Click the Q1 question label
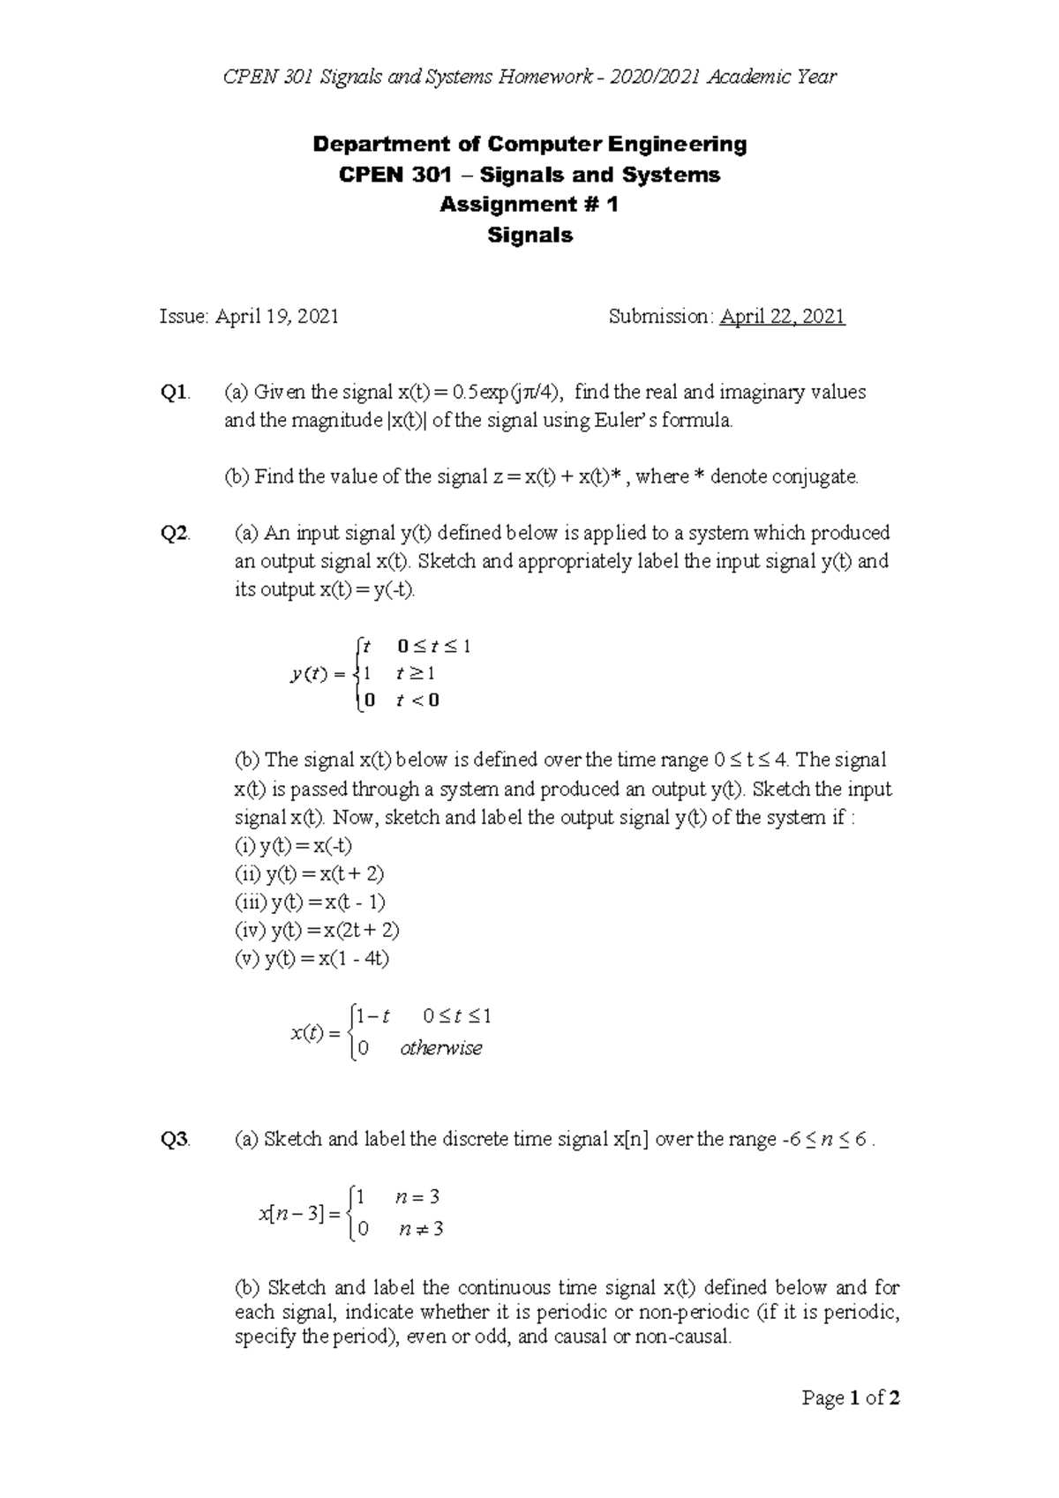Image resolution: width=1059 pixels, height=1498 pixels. coord(174,393)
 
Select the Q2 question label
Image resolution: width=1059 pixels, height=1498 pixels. coord(174,534)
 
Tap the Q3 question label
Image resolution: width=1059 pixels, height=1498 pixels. coord(174,1140)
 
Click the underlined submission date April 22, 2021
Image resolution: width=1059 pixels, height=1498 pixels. coord(783,317)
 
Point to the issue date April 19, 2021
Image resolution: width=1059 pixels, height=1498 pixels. coord(249,317)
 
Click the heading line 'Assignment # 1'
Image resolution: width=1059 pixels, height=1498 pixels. coord(529,205)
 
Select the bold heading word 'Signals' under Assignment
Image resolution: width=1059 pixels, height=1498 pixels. coord(529,236)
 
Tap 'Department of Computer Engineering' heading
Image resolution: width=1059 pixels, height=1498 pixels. coord(529,144)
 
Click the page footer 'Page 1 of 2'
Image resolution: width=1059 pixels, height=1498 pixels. coord(851,1398)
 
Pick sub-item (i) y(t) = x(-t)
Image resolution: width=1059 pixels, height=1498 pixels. coord(293,846)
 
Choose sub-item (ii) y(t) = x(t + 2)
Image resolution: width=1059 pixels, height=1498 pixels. coord(309,874)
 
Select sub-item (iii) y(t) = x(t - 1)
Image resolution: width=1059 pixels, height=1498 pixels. coord(310,903)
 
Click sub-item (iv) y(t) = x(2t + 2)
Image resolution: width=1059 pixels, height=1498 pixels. coord(317,931)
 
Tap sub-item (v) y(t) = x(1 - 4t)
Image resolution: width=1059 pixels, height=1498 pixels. coord(312,959)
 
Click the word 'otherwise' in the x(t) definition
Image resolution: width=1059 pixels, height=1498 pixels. coord(441,1048)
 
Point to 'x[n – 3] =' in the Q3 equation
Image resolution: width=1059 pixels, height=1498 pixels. coord(298,1214)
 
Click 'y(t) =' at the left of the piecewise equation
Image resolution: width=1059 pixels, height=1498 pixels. coord(317,675)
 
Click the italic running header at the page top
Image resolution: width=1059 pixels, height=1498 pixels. coord(529,77)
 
